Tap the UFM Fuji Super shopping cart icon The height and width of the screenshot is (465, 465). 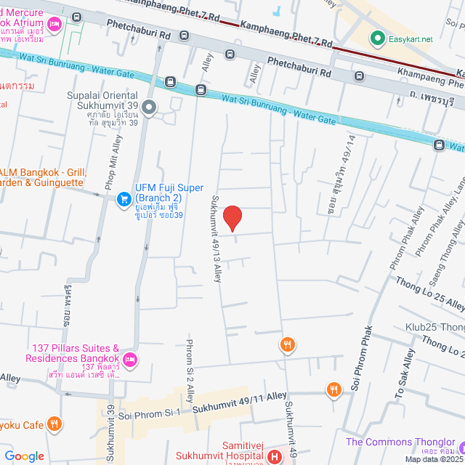[x=124, y=198]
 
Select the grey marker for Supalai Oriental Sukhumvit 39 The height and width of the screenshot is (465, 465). [x=150, y=108]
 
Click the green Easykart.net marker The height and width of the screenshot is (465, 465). [x=377, y=38]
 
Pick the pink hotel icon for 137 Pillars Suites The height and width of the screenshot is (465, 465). [x=130, y=359]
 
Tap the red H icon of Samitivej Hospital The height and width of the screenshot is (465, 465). [x=275, y=457]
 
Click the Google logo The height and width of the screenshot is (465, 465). [x=24, y=456]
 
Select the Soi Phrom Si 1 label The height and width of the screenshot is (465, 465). [x=148, y=413]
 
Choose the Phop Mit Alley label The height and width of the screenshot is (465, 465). [x=116, y=163]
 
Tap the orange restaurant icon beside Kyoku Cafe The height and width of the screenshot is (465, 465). [x=54, y=424]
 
